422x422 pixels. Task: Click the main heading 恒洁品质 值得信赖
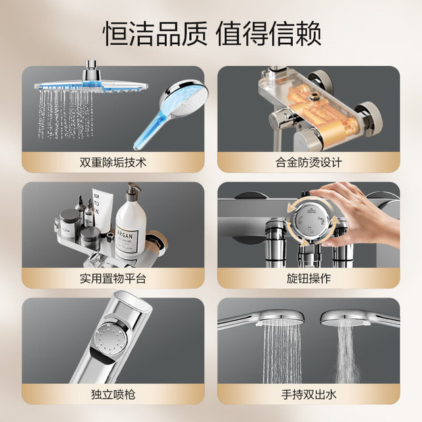point(212,34)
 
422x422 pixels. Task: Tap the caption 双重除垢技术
point(113,163)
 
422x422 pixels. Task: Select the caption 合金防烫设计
point(309,163)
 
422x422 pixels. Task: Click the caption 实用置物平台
point(113,278)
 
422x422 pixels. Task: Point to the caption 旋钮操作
point(309,278)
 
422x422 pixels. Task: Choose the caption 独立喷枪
point(113,394)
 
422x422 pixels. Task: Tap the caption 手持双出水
point(309,394)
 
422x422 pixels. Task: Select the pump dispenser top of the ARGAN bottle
point(133,189)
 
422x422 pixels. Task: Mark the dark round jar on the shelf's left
point(70,223)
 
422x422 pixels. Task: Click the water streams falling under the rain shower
point(66,114)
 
